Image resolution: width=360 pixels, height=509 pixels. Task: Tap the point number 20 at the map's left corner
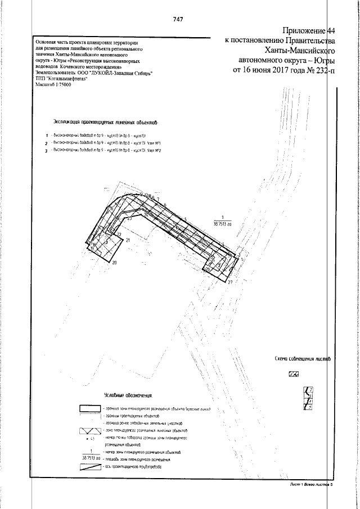coord(114,263)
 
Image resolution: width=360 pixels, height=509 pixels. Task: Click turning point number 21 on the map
coord(128,241)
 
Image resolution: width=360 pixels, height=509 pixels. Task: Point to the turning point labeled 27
coord(230,282)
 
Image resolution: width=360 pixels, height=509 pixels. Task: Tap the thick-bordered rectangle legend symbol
coord(89,409)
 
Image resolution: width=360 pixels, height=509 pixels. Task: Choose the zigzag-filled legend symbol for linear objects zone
coord(89,431)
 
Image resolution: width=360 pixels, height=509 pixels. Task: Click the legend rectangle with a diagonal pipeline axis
coord(89,467)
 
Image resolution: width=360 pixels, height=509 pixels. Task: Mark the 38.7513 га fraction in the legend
coord(90,455)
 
